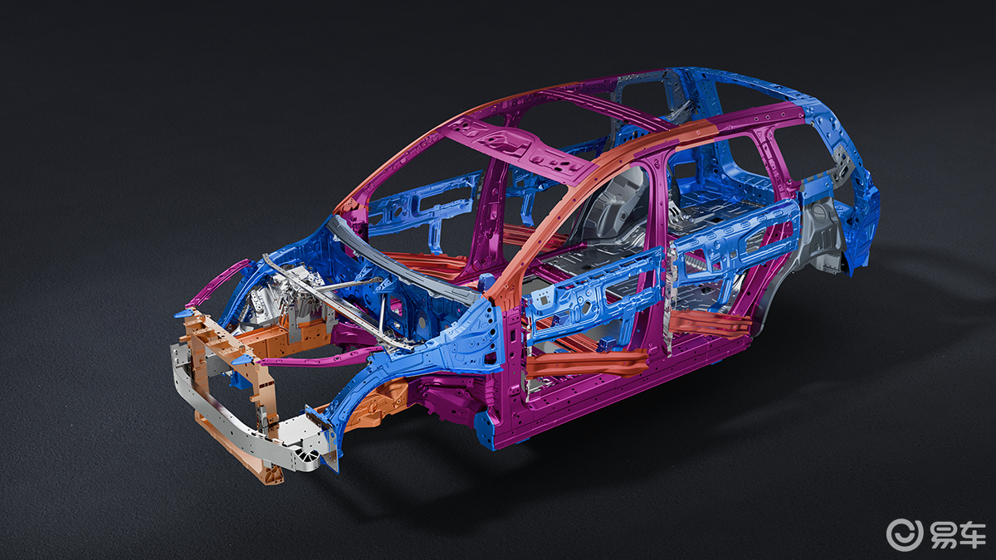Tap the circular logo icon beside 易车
(905, 535)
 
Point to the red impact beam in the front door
(586, 363)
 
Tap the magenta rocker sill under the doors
(622, 391)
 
